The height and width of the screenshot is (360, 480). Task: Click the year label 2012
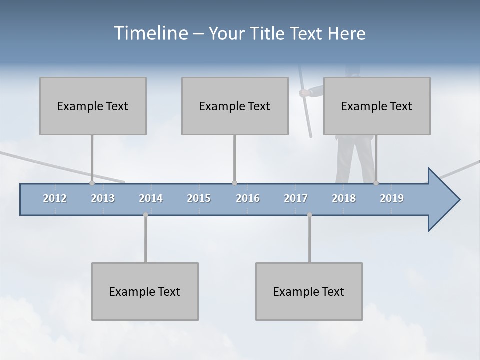tap(55, 198)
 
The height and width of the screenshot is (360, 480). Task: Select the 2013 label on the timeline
tap(103, 198)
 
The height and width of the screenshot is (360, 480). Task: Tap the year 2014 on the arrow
tap(151, 198)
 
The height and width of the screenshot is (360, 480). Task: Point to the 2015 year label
tap(199, 198)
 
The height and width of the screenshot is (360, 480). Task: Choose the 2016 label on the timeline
tap(248, 198)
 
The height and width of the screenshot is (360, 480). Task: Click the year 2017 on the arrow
tap(296, 198)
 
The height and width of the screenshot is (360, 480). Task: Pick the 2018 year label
tap(344, 198)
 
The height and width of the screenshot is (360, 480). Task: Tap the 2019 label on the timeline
tap(392, 198)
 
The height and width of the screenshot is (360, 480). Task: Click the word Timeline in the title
tap(149, 33)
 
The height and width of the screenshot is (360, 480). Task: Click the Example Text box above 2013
tap(93, 106)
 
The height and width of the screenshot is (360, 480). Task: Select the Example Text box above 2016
tap(235, 106)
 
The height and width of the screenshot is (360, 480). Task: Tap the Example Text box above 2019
tap(377, 106)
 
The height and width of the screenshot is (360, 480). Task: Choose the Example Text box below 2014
tap(145, 291)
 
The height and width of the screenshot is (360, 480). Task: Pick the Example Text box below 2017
tap(309, 291)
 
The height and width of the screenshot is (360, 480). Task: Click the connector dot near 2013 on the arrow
tap(92, 183)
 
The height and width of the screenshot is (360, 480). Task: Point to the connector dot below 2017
tap(309, 215)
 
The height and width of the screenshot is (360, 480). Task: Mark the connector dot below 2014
tap(145, 215)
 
